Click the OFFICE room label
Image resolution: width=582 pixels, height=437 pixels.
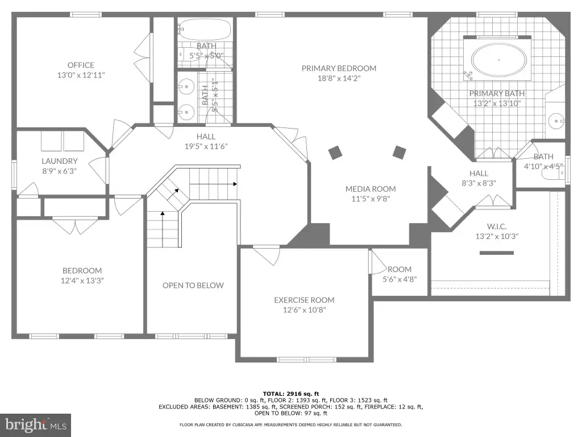(x=81, y=65)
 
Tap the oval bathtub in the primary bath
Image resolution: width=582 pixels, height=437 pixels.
(x=499, y=60)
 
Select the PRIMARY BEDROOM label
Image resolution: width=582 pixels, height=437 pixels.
(x=339, y=68)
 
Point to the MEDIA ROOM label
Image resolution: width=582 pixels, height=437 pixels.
(x=371, y=189)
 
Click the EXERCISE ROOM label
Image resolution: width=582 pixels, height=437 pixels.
(x=305, y=300)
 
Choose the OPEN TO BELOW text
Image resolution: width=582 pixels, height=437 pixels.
(x=193, y=286)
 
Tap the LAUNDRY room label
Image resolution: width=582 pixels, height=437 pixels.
(x=59, y=161)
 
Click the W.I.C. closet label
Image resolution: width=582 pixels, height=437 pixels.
(x=497, y=226)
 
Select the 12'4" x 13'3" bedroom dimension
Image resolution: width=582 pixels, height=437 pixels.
(x=82, y=281)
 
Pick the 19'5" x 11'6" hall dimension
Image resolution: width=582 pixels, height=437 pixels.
(x=206, y=146)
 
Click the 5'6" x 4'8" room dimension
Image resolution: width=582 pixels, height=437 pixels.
(x=400, y=279)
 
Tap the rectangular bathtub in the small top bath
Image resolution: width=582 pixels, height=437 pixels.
(x=205, y=30)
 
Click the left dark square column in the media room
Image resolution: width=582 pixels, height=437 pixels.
(x=335, y=152)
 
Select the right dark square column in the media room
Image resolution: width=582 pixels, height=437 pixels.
(x=400, y=152)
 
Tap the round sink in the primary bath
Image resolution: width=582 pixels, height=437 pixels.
(x=556, y=121)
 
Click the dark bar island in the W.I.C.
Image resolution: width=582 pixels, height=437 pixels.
(x=497, y=253)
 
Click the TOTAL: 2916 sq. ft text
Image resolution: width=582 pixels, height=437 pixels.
(x=291, y=394)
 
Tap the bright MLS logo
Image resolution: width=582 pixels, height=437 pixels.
(x=36, y=424)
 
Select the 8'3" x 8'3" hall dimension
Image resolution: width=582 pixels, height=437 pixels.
(x=479, y=183)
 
